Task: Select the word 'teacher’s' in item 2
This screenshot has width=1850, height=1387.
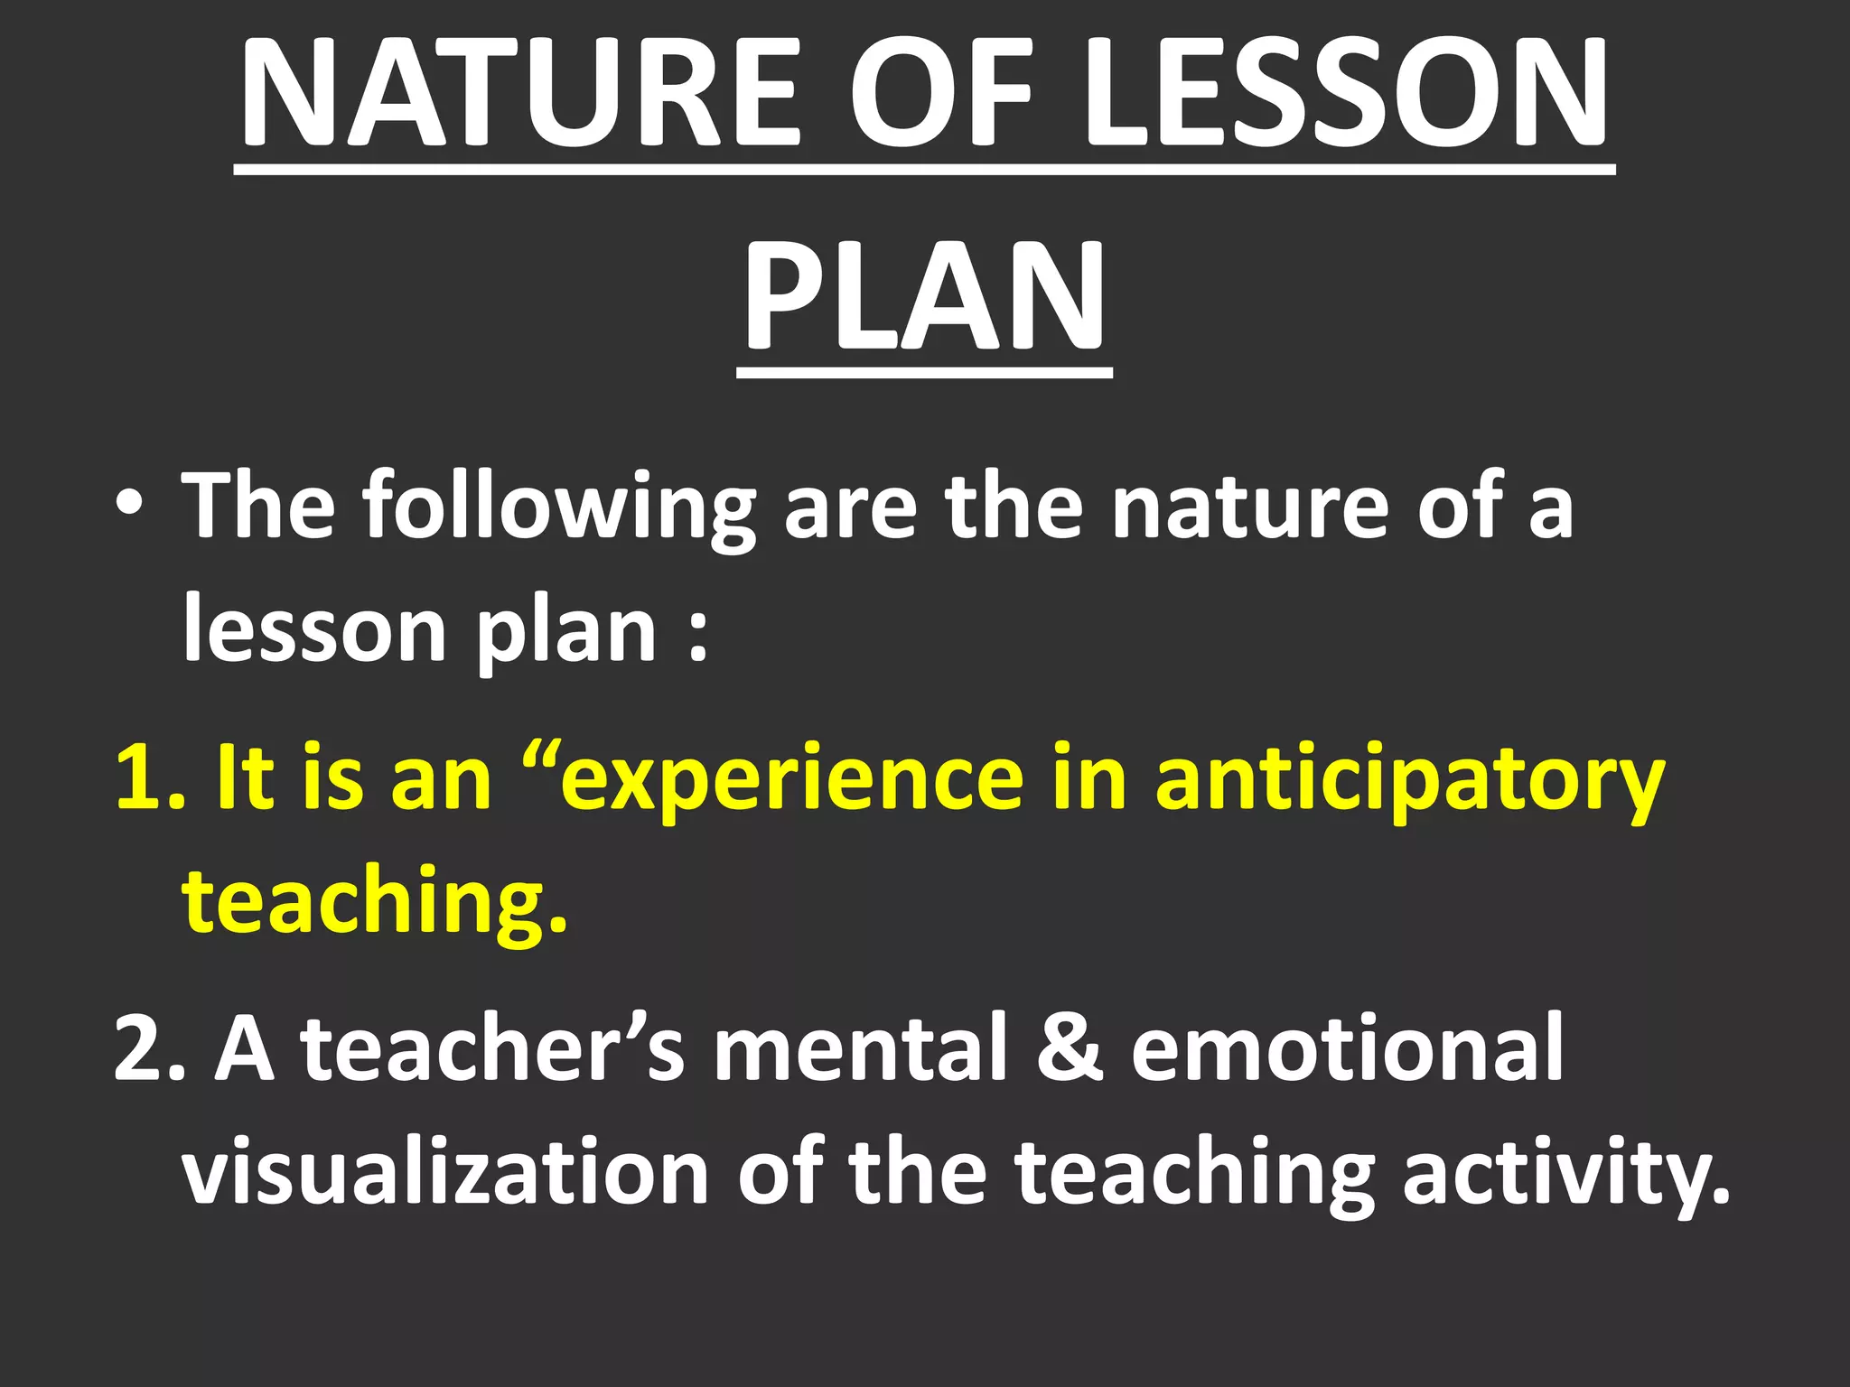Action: click(493, 1047)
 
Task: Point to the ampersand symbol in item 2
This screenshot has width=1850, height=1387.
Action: click(1070, 1047)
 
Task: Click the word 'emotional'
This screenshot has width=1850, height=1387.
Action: click(1347, 1047)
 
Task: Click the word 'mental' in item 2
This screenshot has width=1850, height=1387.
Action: click(859, 1047)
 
